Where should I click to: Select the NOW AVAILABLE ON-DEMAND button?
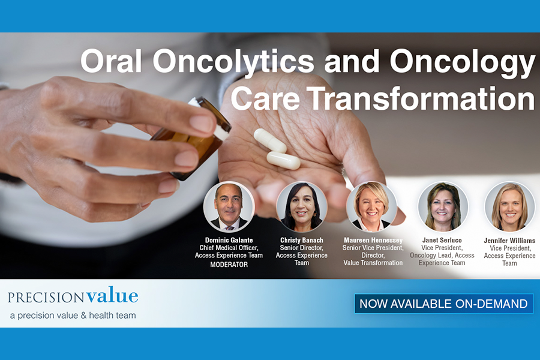pos(443,304)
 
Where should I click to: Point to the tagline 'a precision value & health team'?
pos(73,315)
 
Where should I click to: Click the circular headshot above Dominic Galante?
pos(229,206)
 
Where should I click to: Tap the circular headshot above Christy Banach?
pos(302,206)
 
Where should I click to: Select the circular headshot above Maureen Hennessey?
pos(371,206)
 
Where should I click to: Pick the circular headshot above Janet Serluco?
pos(443,206)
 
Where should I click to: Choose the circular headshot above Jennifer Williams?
pos(509,206)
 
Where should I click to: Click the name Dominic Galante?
pos(229,240)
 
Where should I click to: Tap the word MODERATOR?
pos(229,265)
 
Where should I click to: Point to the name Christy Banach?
pos(302,240)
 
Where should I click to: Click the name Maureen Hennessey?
pos(373,240)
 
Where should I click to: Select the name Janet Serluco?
pos(442,240)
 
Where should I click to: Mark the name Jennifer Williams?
pos(509,241)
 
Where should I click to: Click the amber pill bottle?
pos(191,138)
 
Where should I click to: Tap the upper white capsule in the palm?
pos(270,140)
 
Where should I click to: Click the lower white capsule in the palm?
pos(283,161)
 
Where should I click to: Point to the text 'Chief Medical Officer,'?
pos(229,248)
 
